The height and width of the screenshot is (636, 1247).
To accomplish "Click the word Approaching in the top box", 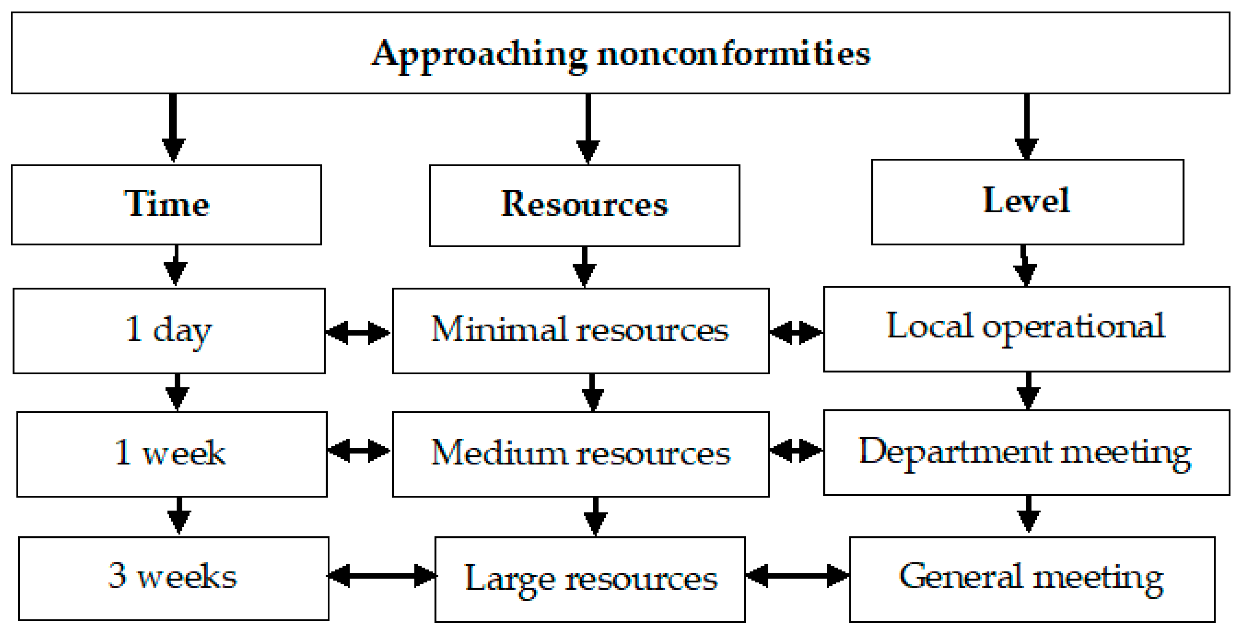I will point(479,54).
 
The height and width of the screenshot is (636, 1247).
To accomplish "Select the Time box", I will point(166,204).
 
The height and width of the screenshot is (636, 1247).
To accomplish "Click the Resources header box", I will point(584,205).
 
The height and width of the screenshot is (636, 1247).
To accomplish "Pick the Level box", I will point(1027,201).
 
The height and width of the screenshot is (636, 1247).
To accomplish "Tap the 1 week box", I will point(171,454).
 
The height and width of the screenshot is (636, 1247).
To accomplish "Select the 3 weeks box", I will point(173,578).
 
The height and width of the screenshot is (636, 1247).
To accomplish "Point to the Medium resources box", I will point(580,454).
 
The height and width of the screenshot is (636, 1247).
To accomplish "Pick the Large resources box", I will point(590,579).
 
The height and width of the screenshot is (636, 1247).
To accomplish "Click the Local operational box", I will point(1026,329).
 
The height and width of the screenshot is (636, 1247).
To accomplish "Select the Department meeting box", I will point(1026,452).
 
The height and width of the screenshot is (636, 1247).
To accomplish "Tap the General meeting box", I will point(1032,579).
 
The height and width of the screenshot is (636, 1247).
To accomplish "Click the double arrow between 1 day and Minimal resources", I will point(358,332).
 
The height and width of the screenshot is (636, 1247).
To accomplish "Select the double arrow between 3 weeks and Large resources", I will point(382,576).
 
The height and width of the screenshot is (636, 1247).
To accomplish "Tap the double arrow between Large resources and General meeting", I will point(797,576).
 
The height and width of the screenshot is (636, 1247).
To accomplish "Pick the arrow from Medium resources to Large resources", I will point(595,516).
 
